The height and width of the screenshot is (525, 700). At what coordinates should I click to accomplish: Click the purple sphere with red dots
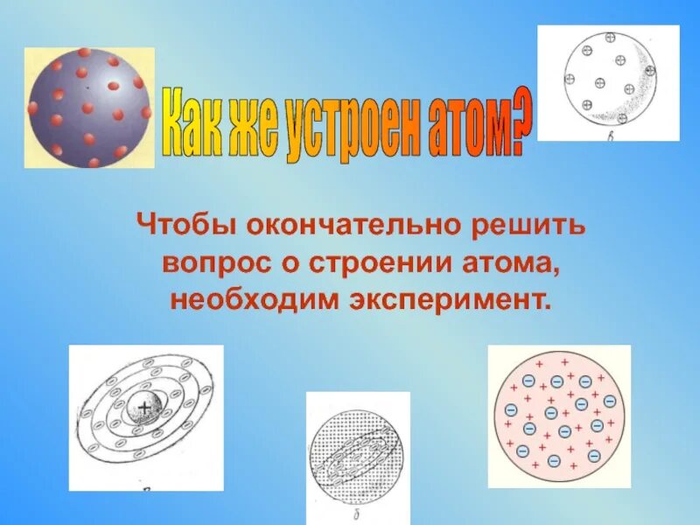click(88, 107)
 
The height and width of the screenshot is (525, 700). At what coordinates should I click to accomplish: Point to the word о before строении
click(281, 262)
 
